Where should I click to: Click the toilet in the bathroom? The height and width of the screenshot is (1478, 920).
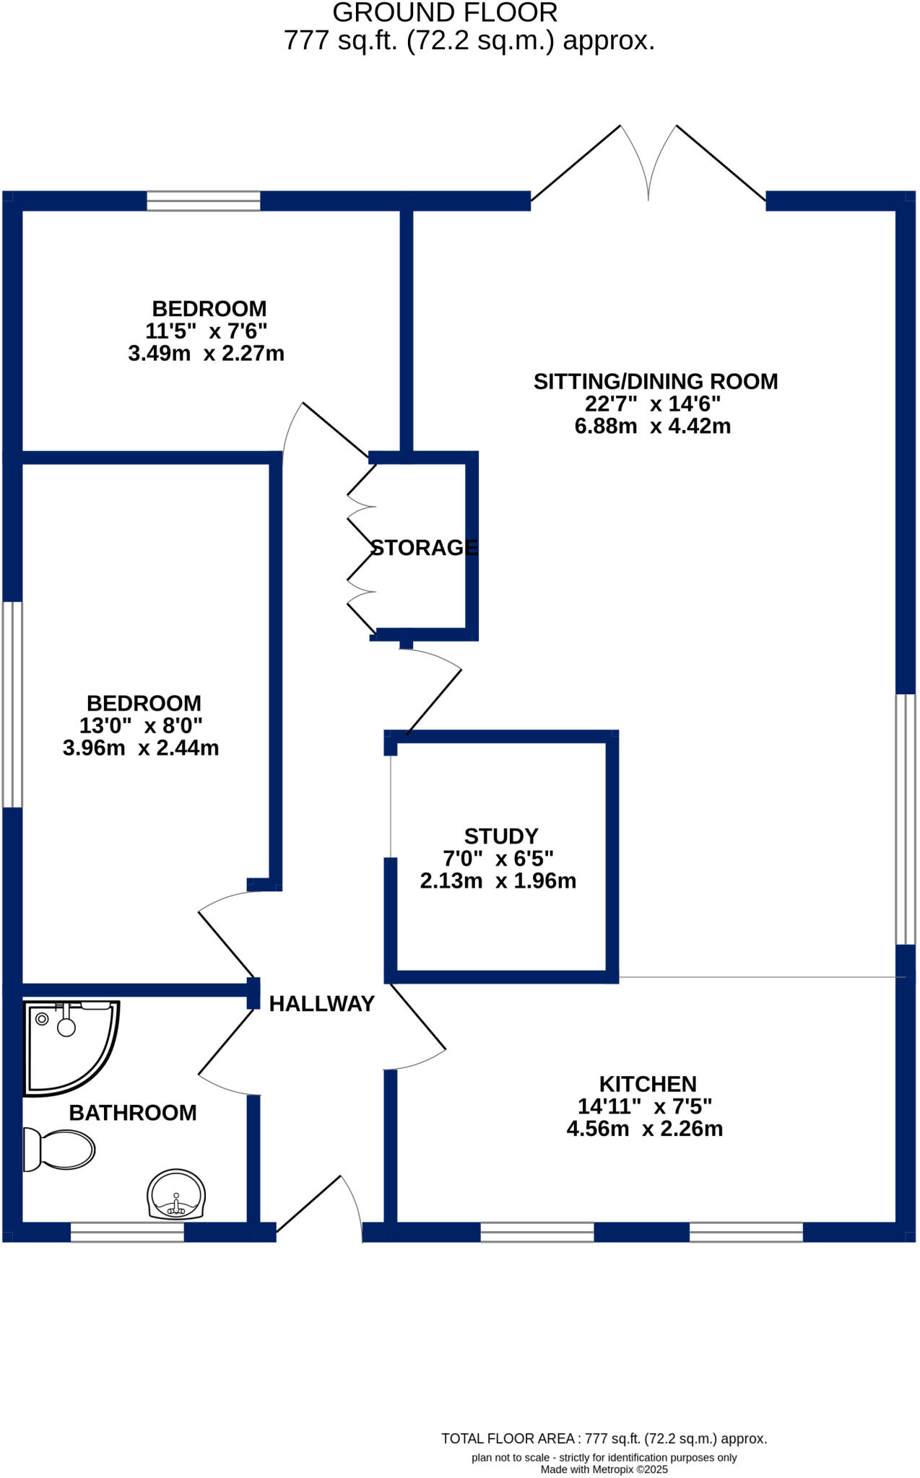pos(61,1149)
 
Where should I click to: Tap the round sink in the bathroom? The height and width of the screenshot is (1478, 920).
pos(176,1194)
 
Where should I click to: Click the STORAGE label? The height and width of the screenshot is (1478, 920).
pos(424,548)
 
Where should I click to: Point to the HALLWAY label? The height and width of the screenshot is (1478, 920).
pos(321,1004)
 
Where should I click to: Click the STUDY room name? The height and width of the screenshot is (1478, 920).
pos(501,836)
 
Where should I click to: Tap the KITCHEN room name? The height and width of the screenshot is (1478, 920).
pos(648,1084)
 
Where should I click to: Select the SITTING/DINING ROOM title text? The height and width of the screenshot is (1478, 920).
pos(656,382)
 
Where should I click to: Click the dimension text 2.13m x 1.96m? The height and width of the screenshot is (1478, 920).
pos(498,881)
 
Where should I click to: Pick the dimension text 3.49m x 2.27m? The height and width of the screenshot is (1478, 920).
pos(207,354)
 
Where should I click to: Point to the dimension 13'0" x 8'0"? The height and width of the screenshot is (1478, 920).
pos(141,725)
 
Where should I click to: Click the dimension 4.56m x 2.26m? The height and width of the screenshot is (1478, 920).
pos(645,1129)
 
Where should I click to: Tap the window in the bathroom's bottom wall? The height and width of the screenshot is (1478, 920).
pos(127,1232)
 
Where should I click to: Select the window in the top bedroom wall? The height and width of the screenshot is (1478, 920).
pos(204,201)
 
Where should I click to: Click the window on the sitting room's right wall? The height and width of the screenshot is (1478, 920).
pos(906,819)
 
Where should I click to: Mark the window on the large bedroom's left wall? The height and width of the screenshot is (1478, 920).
pos(12,704)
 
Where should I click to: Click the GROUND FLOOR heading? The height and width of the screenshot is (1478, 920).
pos(445,13)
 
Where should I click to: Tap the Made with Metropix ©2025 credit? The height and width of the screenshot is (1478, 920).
pos(604,1469)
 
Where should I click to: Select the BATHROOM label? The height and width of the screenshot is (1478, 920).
pos(133,1113)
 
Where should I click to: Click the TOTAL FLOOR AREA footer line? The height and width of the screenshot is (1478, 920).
pos(604,1438)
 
